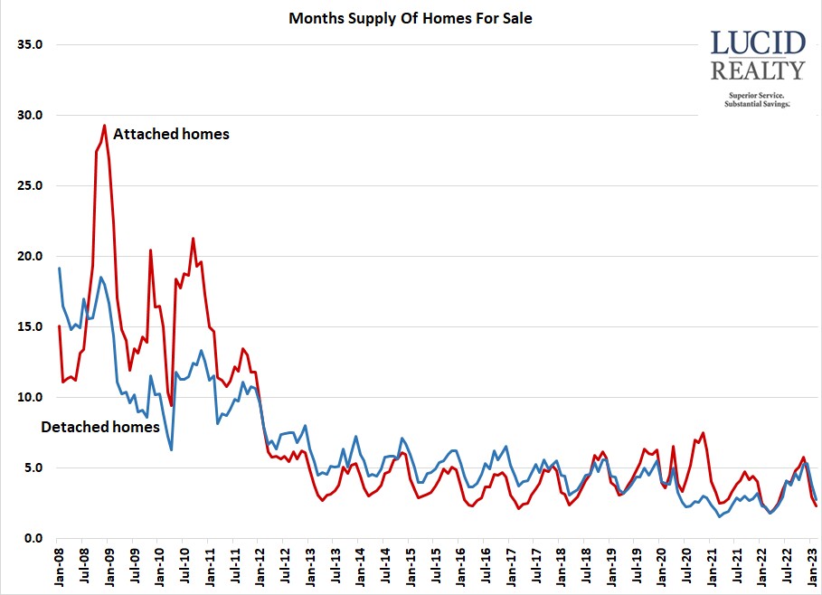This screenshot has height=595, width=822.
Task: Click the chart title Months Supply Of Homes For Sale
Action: click(410, 18)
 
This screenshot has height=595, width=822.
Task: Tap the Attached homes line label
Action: click(171, 134)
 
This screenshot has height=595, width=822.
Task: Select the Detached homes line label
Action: click(100, 427)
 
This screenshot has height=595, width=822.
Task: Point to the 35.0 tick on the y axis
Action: click(31, 44)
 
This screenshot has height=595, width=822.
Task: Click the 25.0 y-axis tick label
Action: click(31, 185)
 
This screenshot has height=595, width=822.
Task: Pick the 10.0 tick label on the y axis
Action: click(31, 397)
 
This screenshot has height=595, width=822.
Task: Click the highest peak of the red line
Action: click(105, 126)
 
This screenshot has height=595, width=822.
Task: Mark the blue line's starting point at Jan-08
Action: click(60, 269)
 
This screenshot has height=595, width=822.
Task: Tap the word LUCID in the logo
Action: click(757, 44)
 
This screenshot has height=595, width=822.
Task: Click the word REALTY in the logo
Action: click(757, 71)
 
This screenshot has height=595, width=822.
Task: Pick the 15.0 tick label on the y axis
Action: click(31, 326)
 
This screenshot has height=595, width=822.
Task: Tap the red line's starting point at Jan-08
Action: click(60, 326)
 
